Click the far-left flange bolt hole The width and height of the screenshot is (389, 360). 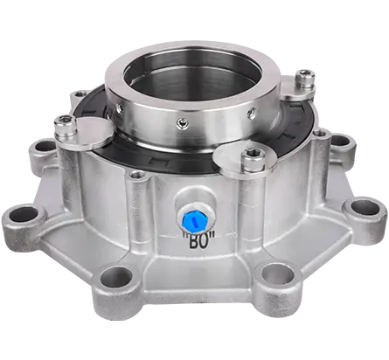click(x=25, y=213)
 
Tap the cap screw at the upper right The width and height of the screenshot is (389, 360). click(x=303, y=81)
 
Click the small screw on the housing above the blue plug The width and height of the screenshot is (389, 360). click(x=136, y=176)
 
